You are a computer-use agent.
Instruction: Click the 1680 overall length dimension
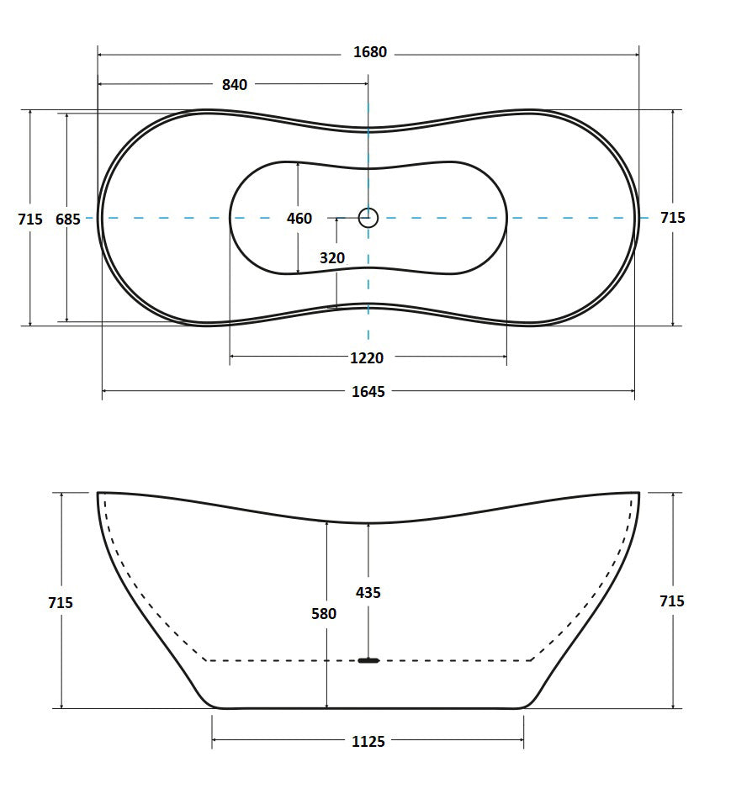coord(370,52)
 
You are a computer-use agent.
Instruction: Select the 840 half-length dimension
coord(235,85)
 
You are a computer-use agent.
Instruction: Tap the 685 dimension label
coord(68,220)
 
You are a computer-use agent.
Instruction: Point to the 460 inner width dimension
coord(299,219)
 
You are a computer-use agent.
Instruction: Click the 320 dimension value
coord(332,258)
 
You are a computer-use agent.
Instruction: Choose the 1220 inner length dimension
coord(367,358)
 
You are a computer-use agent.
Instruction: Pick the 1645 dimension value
coord(368,392)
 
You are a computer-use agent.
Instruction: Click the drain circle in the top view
coord(368,218)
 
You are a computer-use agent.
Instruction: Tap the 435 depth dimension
coord(368,593)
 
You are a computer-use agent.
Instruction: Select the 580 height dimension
coord(324,613)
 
